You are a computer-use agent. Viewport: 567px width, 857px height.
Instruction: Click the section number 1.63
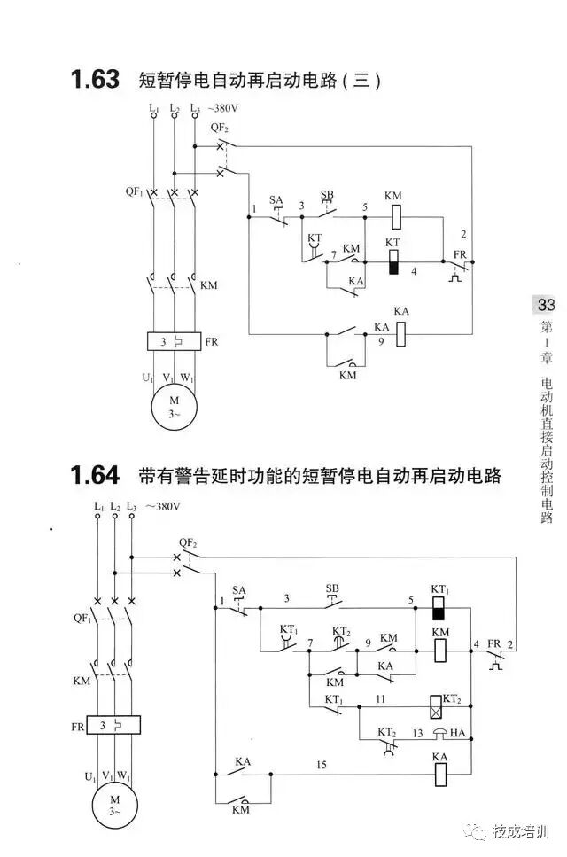click(95, 80)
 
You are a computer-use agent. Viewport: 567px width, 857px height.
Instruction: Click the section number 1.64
click(95, 476)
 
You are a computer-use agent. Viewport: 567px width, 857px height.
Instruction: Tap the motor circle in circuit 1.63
click(174, 407)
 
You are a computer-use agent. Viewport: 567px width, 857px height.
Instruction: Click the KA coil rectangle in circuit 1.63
click(400, 333)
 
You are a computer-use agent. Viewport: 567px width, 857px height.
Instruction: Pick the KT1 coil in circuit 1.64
click(439, 608)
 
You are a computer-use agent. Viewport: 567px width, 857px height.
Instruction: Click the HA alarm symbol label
click(457, 733)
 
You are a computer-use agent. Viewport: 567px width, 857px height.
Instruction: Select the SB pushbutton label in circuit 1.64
click(332, 588)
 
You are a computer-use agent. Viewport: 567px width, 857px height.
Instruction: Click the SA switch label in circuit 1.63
click(276, 200)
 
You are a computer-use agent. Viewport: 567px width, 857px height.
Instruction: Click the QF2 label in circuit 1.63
click(220, 128)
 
